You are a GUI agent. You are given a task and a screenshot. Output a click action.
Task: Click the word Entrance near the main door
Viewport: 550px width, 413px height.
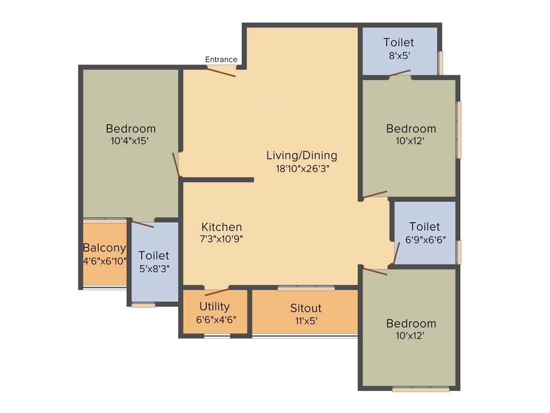pos(221,60)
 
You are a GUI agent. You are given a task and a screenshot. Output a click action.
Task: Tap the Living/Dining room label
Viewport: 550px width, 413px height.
pos(302,155)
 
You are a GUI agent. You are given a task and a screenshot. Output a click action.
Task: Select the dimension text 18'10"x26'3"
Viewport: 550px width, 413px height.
pos(302,168)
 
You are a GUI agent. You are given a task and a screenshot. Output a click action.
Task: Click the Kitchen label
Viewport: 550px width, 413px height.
pos(222,227)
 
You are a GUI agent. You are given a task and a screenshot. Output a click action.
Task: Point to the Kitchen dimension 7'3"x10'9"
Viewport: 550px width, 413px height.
pos(222,239)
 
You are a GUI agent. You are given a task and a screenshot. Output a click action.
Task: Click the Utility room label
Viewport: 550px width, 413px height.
pos(214,307)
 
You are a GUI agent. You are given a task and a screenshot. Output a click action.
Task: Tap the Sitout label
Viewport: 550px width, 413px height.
pos(306,308)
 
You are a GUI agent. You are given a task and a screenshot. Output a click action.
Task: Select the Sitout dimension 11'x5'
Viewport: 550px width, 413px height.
pos(306,321)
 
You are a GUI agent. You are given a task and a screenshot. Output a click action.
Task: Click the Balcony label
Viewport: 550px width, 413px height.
pos(104,248)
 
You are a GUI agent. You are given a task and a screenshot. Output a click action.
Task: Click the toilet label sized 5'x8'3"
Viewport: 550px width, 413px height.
pos(154,255)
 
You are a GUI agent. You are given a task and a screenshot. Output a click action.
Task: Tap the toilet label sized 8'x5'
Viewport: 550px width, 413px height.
pos(399,42)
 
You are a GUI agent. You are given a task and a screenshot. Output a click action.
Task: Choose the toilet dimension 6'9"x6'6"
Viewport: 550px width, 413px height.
pos(425,239)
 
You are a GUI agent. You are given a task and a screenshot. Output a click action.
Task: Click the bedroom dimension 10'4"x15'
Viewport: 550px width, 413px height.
pos(131,141)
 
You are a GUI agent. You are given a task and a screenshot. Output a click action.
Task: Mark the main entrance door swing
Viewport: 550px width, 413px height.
pos(221,72)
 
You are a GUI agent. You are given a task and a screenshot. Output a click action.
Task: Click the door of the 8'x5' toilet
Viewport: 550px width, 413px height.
pos(400,74)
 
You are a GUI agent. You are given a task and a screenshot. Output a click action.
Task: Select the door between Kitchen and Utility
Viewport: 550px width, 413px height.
pos(216,291)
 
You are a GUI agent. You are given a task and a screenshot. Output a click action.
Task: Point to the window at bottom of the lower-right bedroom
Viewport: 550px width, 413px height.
pos(421,389)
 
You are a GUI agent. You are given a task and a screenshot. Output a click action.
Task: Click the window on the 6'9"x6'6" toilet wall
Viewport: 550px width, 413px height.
pos(459,252)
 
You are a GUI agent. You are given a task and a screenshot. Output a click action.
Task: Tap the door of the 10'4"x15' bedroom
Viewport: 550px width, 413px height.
pos(176,165)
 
